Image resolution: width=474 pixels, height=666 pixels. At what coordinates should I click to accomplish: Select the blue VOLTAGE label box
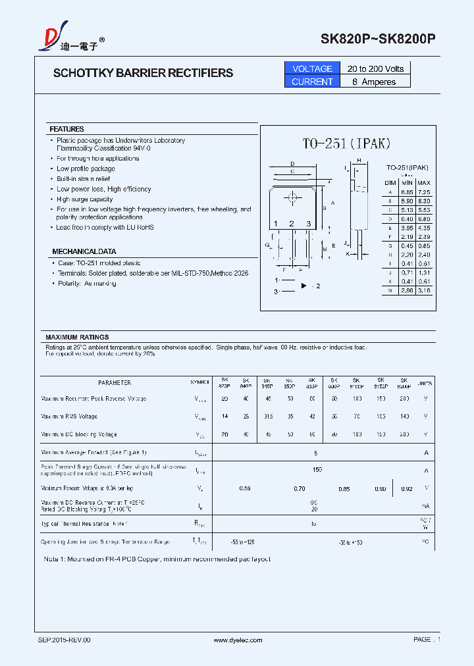[x=312, y=68]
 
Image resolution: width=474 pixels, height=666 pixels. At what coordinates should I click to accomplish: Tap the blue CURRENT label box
[x=312, y=82]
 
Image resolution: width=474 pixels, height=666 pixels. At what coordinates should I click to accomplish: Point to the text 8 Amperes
[x=375, y=82]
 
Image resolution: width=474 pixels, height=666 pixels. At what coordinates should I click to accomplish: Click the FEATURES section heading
[x=66, y=129]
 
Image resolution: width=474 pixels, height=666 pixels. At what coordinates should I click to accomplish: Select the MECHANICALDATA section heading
[x=84, y=251]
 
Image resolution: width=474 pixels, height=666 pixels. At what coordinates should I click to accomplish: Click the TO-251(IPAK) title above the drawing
[x=347, y=143]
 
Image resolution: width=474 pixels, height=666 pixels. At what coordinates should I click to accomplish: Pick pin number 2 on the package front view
[x=292, y=224]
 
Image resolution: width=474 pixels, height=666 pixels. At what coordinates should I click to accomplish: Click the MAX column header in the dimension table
[x=424, y=182]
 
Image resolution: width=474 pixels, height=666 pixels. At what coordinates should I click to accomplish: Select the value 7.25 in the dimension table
[x=424, y=191]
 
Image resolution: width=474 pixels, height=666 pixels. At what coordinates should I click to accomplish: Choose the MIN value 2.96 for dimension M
[x=408, y=290]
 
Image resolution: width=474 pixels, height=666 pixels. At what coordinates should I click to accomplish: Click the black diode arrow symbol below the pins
[x=304, y=286]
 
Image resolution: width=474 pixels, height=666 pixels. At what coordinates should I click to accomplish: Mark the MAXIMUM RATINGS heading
[x=77, y=337]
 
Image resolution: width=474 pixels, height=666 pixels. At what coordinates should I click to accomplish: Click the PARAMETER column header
[x=115, y=382]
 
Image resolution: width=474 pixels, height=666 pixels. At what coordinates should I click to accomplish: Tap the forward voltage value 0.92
[x=407, y=488]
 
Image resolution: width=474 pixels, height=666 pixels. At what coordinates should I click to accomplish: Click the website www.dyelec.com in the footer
[x=238, y=640]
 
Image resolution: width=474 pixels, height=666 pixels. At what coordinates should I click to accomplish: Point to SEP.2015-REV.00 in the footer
[x=64, y=640]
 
